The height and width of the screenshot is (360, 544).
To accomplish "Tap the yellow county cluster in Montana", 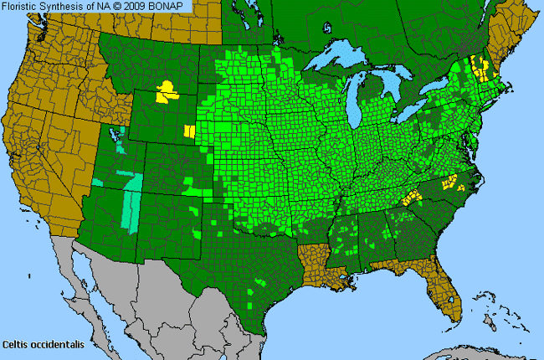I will (x=167, y=91).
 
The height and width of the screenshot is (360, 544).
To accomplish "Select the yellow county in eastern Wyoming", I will (x=190, y=131).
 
